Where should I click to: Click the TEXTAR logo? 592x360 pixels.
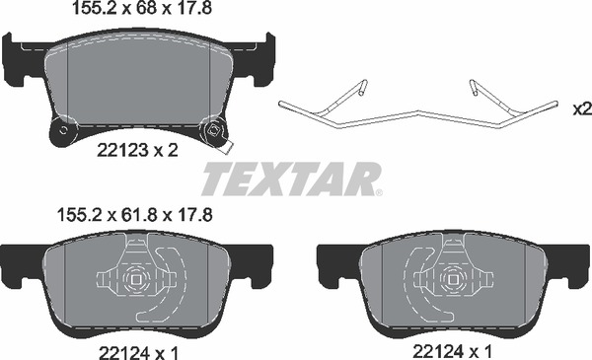tap(292, 179)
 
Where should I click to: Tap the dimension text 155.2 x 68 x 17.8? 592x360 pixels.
tap(141, 8)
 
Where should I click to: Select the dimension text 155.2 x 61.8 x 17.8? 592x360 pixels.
tap(134, 215)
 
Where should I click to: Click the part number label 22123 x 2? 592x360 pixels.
tap(137, 151)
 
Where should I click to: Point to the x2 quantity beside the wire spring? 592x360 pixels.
tap(582, 109)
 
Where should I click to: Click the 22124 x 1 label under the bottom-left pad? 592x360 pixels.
tap(138, 353)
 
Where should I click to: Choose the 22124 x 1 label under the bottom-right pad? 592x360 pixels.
tap(453, 352)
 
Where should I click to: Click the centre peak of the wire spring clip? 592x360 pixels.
tap(417, 111)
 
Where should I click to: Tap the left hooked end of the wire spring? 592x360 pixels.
tap(362, 87)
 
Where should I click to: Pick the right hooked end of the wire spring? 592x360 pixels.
tap(474, 87)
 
